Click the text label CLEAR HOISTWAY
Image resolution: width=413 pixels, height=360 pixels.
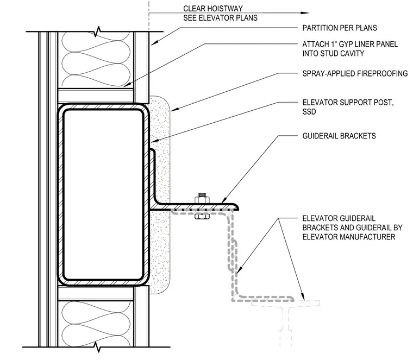[x=213, y=9]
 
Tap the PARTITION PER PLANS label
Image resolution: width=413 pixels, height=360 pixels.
[x=340, y=28]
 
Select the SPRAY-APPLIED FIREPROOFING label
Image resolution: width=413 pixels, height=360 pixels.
[x=355, y=73]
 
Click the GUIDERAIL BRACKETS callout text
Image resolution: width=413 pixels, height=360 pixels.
[x=339, y=136]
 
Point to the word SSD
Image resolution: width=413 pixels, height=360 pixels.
[x=309, y=111]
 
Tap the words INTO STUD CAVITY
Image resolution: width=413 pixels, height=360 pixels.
[x=333, y=53]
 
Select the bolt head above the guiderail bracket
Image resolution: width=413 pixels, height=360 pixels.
[x=202, y=198]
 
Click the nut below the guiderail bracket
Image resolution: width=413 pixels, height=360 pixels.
[x=202, y=216]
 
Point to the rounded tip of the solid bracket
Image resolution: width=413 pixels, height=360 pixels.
[x=236, y=207]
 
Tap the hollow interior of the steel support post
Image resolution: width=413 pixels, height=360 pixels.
[x=103, y=195]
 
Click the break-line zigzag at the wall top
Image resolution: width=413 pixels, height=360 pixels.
[x=98, y=31]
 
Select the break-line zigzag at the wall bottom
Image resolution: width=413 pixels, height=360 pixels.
[x=98, y=347]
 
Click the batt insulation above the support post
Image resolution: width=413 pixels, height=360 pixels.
[x=96, y=60]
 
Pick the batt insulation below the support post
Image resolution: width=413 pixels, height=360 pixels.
[x=96, y=324]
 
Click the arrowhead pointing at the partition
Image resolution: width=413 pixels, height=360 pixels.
[x=154, y=43]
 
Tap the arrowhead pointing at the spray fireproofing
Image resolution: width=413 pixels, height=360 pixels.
[x=174, y=110]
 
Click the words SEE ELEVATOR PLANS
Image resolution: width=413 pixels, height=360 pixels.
[x=220, y=18]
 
